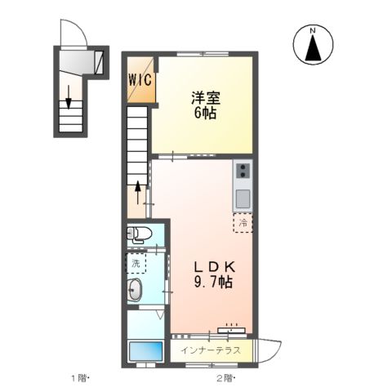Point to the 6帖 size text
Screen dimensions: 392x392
pyautogui.click(x=203, y=114)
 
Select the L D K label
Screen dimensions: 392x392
pyautogui.click(x=213, y=266)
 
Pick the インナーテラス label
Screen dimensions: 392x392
pyautogui.click(x=211, y=350)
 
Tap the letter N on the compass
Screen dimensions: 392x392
pyautogui.click(x=312, y=32)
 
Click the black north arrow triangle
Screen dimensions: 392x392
pyautogui.click(x=312, y=50)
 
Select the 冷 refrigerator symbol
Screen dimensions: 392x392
pyautogui.click(x=243, y=222)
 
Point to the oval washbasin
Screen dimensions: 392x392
pyautogui.click(x=136, y=288)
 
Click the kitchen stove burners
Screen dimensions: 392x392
pyautogui.click(x=243, y=171)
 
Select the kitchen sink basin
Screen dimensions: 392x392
pyautogui.click(x=243, y=197)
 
